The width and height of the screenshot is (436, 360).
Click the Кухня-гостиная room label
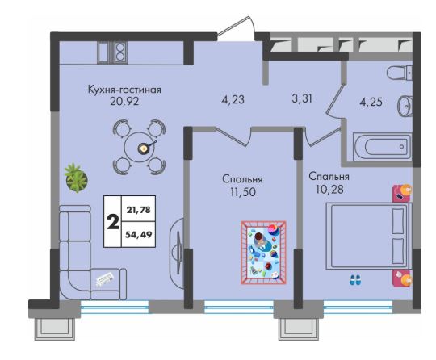pos(124,90)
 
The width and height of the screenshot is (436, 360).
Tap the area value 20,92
pos(124,102)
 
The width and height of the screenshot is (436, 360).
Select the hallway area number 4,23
pos(233,99)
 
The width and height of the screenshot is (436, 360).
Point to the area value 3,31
pos(302,98)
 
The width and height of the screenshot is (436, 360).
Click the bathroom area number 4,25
pos(371,102)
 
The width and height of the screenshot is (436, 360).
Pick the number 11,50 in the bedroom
pos(243,192)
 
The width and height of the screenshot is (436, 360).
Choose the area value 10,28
pos(329,190)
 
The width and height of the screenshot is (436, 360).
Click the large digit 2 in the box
pos(113,222)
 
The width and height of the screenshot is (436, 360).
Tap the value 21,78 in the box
pos(139,210)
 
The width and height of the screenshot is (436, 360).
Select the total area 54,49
pos(139,234)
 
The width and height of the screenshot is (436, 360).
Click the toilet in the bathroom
pos(400,73)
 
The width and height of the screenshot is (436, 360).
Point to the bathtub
pos(382,147)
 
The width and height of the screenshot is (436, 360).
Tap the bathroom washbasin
pos(405,107)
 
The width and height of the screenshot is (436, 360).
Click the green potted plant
pos(76,178)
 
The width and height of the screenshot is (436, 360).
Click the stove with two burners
pos(119,52)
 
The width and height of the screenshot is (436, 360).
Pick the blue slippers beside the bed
pos(355,280)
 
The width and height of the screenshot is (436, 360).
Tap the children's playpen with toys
pos(263,253)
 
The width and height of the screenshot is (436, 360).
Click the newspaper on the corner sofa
pos(105,278)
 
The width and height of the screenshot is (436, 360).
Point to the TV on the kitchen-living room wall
pos(178,245)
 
